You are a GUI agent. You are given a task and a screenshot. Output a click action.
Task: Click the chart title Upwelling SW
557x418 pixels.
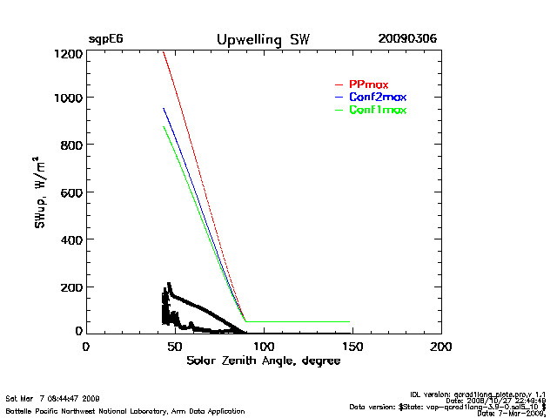click(262, 40)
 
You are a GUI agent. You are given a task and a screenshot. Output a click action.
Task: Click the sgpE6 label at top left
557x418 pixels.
click(104, 40)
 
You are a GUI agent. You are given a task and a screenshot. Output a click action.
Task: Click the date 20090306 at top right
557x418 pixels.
click(407, 40)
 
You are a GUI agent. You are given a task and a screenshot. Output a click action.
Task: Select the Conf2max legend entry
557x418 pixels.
click(377, 97)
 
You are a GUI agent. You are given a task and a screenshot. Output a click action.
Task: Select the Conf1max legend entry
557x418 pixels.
click(377, 110)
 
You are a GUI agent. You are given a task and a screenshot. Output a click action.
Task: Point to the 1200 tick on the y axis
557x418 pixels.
click(67, 54)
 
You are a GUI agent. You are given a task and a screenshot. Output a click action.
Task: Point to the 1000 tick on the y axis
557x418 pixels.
click(67, 98)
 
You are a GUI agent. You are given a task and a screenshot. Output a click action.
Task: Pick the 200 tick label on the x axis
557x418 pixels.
click(440, 347)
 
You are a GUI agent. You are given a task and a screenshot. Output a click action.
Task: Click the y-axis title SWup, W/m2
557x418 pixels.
click(40, 192)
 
